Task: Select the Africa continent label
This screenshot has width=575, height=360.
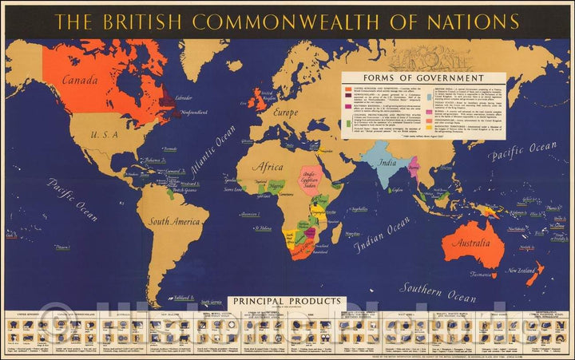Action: click(268, 167)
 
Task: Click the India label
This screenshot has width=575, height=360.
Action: click(388, 164)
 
